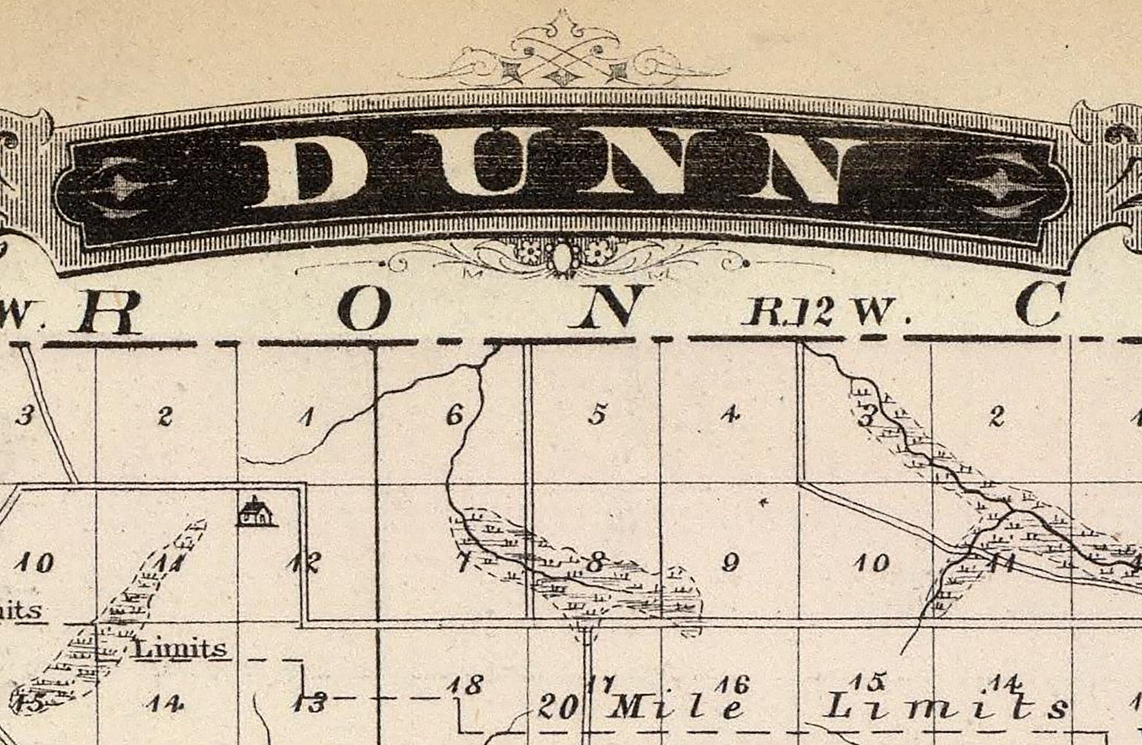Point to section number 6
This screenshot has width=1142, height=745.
(455, 415)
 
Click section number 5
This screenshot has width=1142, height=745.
(598, 415)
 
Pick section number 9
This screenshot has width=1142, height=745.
(730, 563)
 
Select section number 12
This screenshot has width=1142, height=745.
(304, 562)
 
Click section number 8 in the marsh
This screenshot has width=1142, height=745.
(595, 563)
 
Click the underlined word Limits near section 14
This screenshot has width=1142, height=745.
(180, 648)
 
